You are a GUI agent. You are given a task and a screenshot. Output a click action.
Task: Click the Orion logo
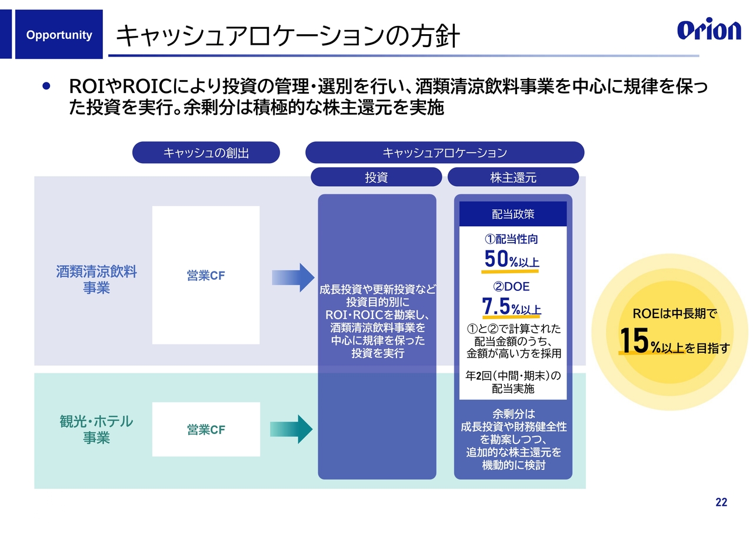point(708,30)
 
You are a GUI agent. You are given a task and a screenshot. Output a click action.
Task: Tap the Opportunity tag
point(59,35)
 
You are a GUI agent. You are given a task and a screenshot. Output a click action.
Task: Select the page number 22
point(721,502)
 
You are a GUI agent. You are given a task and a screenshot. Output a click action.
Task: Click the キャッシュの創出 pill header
point(206,153)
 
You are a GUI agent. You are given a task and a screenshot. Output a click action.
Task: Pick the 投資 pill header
point(376,177)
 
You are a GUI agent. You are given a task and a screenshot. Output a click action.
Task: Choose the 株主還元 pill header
point(513,177)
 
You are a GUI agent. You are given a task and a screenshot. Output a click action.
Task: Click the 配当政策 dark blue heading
point(512,214)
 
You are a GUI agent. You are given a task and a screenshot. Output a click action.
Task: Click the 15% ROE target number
point(635,342)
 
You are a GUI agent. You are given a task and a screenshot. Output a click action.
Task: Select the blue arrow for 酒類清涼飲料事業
point(294,277)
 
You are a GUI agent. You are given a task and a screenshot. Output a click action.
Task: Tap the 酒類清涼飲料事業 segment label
point(96,280)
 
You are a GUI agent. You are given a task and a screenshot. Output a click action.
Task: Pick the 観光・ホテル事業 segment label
point(96,430)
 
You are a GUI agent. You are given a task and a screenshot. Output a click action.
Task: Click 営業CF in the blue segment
point(206,276)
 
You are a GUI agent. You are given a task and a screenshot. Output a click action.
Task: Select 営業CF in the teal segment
point(206,430)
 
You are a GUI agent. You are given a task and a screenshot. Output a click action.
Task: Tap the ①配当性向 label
point(511,239)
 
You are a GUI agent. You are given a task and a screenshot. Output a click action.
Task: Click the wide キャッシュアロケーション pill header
point(445,153)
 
